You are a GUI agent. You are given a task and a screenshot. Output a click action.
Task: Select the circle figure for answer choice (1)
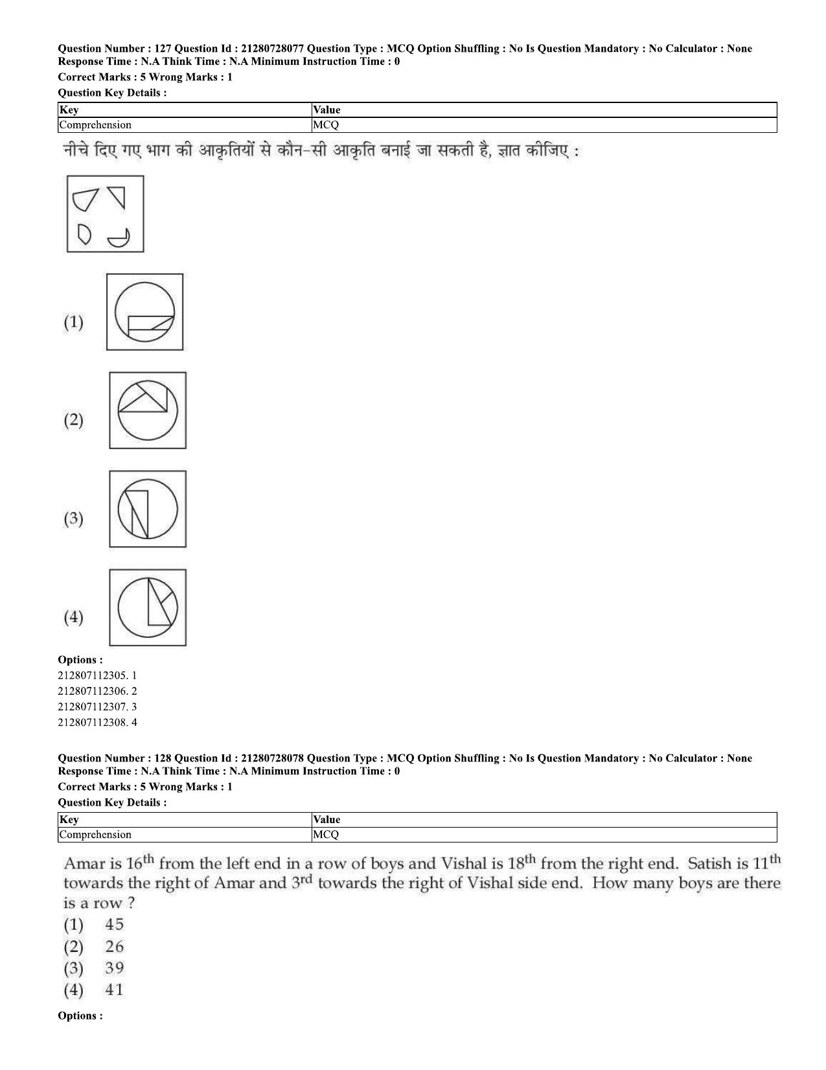tap(144, 312)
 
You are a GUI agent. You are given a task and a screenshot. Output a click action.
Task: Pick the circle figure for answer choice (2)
tap(147, 410)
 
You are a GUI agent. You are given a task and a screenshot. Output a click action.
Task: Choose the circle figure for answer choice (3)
tap(147, 509)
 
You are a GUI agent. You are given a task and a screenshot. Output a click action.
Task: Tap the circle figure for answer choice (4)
tap(147, 607)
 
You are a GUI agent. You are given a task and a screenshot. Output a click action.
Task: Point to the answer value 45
tap(114, 924)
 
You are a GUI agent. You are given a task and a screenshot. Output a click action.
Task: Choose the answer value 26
tap(114, 946)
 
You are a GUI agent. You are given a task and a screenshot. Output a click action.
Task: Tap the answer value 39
tap(114, 968)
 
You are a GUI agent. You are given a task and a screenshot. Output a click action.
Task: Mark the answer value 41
tap(114, 990)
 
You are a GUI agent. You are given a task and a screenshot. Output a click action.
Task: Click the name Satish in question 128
tap(709, 864)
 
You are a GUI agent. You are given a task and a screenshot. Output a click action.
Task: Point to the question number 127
tap(157, 49)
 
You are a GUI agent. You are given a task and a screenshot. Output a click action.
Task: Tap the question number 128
tap(157, 758)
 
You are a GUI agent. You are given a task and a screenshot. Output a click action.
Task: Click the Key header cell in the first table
tap(69, 110)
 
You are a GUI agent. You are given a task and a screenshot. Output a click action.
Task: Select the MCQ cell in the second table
tap(325, 835)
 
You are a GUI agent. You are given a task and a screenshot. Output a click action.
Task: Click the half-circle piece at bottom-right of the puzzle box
tap(119, 238)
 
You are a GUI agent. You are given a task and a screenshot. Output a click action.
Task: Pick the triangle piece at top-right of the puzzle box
tap(117, 196)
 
